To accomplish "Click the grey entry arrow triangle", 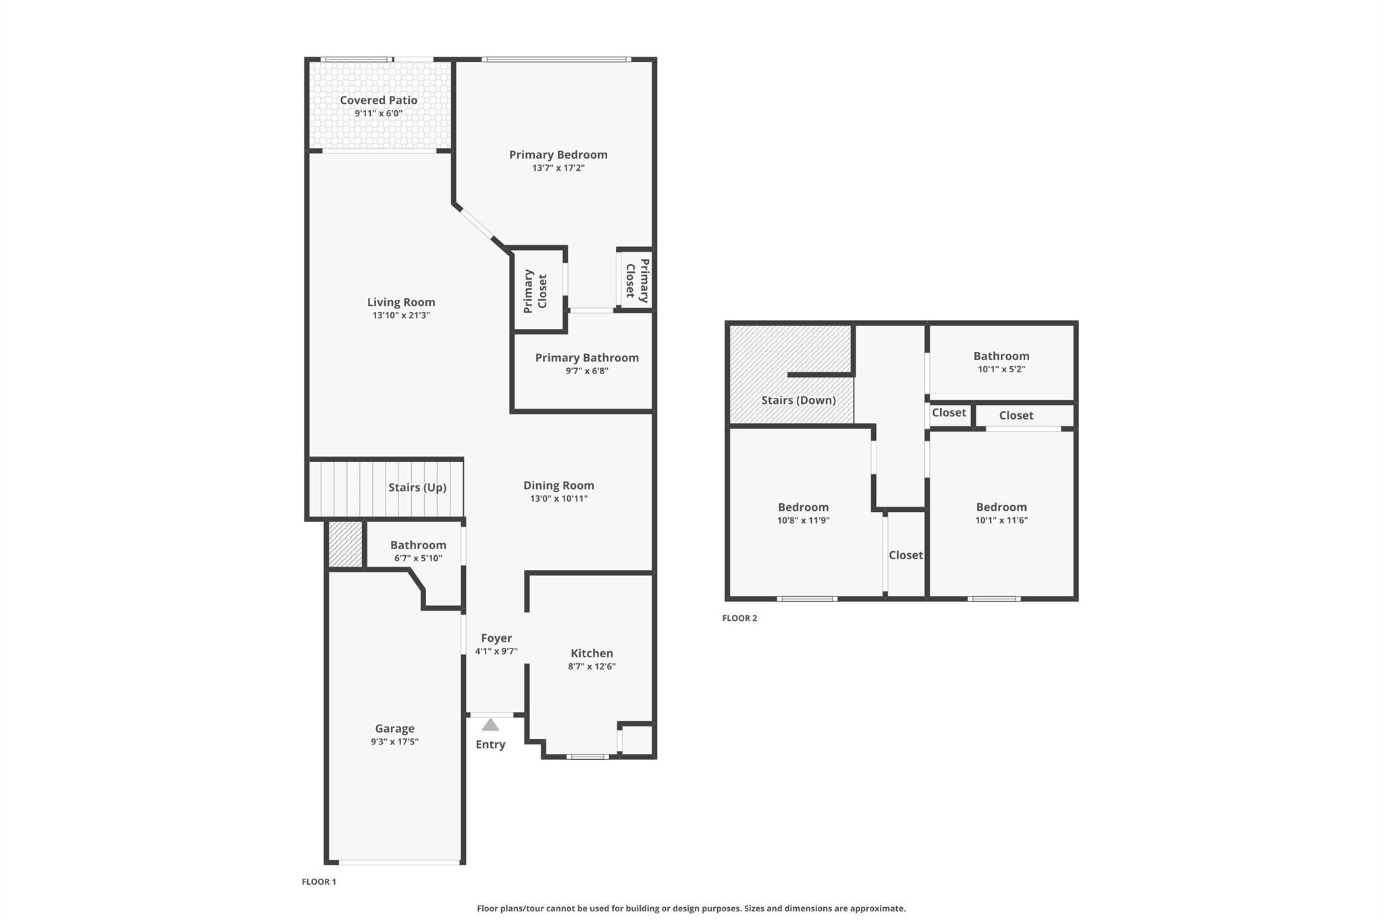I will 490,725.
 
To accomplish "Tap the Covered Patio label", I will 378,100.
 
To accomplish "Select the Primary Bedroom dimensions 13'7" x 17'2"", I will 558,168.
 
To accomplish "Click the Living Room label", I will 401,302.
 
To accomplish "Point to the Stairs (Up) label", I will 417,487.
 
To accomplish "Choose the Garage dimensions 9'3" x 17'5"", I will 394,742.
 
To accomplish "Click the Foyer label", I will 496,638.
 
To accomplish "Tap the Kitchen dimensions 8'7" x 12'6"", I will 592,667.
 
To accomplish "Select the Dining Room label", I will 558,485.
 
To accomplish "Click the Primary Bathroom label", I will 587,357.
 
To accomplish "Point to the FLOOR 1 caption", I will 319,881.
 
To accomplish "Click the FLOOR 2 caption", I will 739,618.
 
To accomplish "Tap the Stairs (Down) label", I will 798,400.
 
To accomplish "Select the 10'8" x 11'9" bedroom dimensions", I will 803,521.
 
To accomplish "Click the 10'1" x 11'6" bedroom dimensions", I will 1001,521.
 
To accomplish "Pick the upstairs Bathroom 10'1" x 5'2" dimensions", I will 1001,369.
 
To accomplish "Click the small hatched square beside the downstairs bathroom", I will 345,544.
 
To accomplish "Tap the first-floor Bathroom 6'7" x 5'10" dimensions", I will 418,559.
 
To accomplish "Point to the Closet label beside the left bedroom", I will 906,555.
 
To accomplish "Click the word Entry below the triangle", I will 490,744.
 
